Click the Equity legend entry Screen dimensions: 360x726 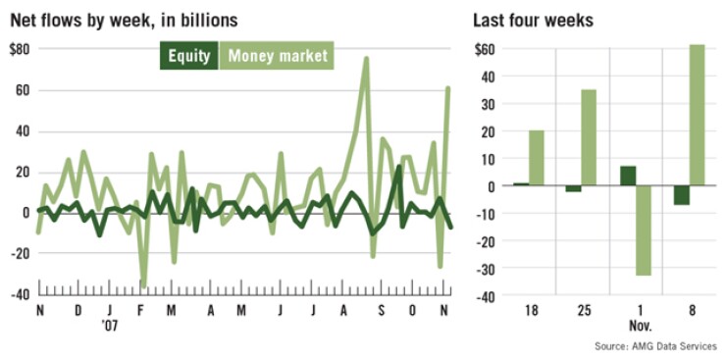pyautogui.click(x=189, y=56)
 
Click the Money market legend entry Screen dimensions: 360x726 pyautogui.click(x=278, y=56)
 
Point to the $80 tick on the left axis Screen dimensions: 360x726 pyautogui.click(x=19, y=49)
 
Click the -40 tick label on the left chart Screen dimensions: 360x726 pyautogui.click(x=18, y=294)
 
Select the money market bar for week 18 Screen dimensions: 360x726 pyautogui.click(x=537, y=158)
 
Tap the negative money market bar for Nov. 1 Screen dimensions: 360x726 pyautogui.click(x=642, y=231)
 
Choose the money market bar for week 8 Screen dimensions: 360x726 pyautogui.click(x=696, y=115)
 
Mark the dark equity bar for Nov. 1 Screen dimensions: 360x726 pyautogui.click(x=627, y=176)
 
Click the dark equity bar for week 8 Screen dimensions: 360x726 pyautogui.click(x=681, y=194)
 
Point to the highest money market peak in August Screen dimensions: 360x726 pyautogui.click(x=366, y=59)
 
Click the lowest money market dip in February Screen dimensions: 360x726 pyautogui.click(x=143, y=283)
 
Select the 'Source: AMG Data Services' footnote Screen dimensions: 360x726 pyautogui.click(x=655, y=346)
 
